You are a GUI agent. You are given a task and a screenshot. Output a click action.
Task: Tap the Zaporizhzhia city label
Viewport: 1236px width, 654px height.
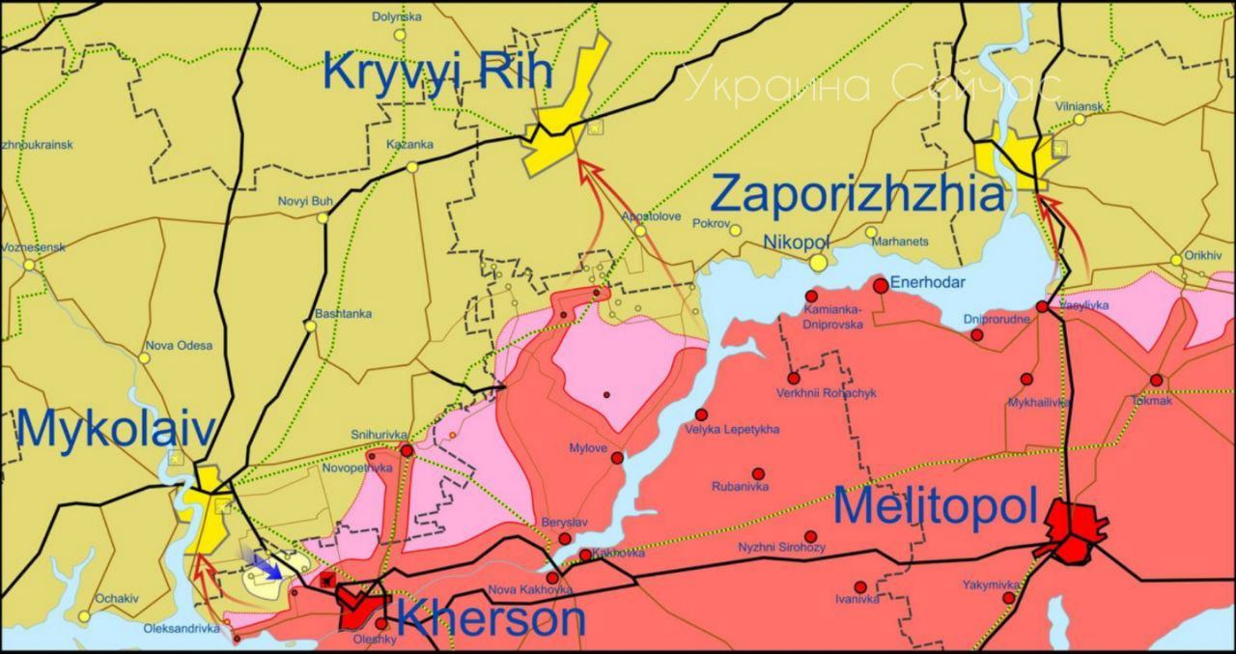[x=857, y=194]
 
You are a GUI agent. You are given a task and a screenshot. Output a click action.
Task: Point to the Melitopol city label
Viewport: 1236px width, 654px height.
[x=935, y=507]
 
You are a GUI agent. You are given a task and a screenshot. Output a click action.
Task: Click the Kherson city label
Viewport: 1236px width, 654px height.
[x=491, y=619]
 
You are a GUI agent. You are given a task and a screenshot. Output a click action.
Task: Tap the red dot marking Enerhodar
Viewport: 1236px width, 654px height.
[x=881, y=286]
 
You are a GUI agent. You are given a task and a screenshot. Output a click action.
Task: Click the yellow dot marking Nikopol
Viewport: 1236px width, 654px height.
[x=818, y=262]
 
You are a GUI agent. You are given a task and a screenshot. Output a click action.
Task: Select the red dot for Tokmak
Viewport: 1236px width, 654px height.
[x=1156, y=381]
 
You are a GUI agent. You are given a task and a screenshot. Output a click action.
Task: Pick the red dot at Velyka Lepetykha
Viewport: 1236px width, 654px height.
[x=701, y=414]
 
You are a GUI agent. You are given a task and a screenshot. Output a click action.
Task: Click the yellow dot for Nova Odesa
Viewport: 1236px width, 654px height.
[x=144, y=358]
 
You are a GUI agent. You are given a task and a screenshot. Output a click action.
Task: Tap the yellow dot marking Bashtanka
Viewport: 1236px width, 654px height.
[x=310, y=327]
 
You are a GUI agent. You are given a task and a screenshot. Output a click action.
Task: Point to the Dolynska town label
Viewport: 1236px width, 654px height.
[x=397, y=17]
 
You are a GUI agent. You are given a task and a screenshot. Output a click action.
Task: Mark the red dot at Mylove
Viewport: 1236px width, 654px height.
[x=617, y=458]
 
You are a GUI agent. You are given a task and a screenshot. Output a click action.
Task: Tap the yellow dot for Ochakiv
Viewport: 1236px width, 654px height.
[x=85, y=615]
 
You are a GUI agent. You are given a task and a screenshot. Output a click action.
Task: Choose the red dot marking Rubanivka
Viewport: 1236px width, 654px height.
[x=758, y=473]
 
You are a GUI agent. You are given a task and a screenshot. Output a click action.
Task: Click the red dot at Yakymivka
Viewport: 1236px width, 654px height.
[x=1009, y=598]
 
